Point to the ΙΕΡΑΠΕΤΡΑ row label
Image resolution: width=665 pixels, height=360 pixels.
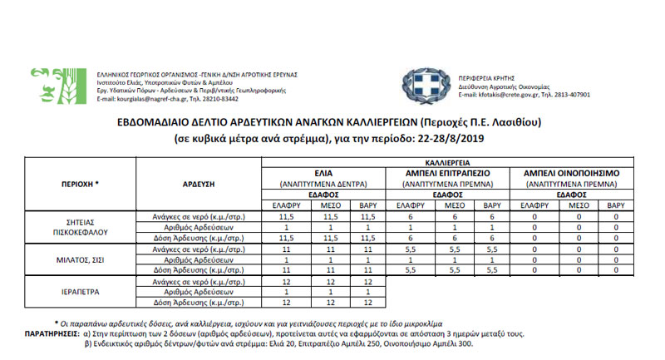81,293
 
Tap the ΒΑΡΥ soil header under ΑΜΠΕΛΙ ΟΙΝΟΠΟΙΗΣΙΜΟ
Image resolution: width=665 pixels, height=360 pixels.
615,204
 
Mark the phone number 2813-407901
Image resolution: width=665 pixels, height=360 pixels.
571,95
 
